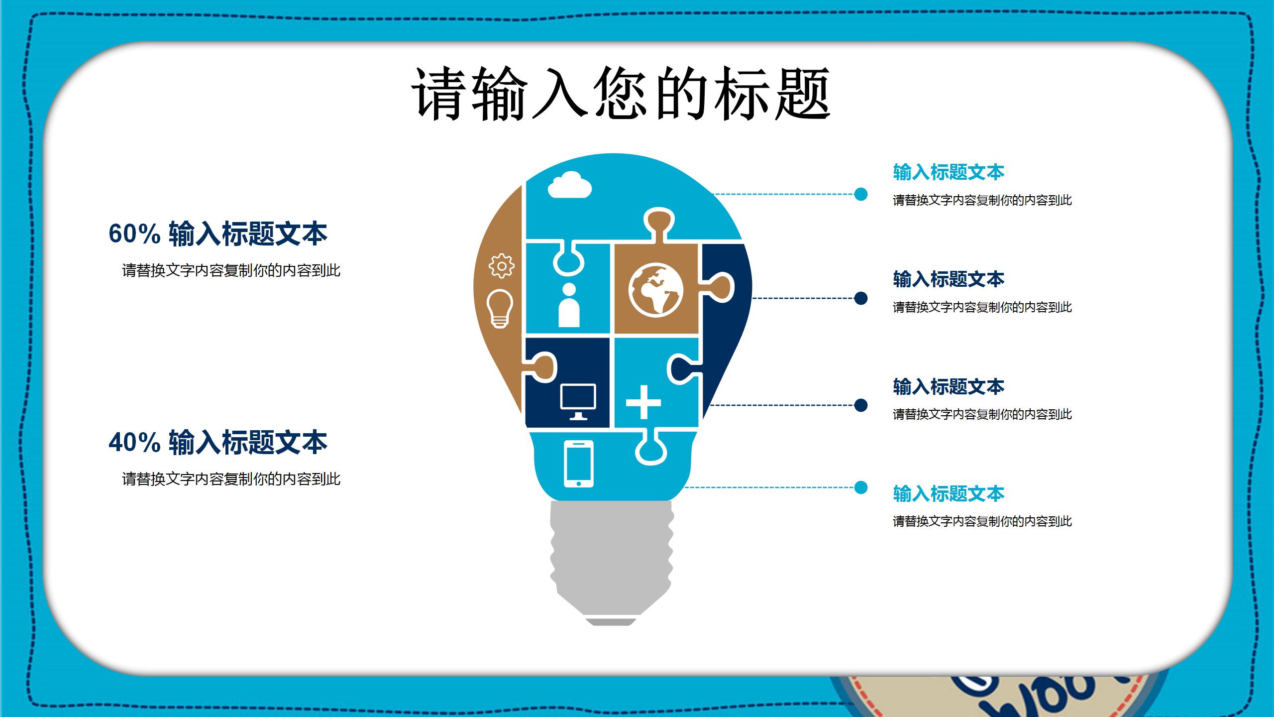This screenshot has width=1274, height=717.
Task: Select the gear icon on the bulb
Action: (501, 265)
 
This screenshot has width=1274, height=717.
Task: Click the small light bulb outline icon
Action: (500, 308)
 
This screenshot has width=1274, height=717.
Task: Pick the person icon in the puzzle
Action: (569, 305)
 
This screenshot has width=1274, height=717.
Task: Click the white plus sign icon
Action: (643, 402)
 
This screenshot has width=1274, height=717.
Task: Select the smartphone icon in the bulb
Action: (579, 464)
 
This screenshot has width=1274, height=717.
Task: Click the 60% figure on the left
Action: (134, 234)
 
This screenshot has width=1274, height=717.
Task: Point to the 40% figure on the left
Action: (134, 442)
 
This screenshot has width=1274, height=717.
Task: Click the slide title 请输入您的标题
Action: (621, 94)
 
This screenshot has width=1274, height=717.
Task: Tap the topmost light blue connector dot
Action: (860, 194)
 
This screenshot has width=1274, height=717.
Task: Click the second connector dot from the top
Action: (860, 298)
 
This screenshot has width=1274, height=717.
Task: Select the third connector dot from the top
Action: (860, 405)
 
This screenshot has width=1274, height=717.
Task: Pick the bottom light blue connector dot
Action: (860, 487)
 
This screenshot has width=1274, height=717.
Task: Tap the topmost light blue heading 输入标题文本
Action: (949, 172)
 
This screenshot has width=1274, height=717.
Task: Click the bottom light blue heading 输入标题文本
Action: (949, 494)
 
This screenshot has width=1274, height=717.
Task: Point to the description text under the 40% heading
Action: (231, 479)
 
